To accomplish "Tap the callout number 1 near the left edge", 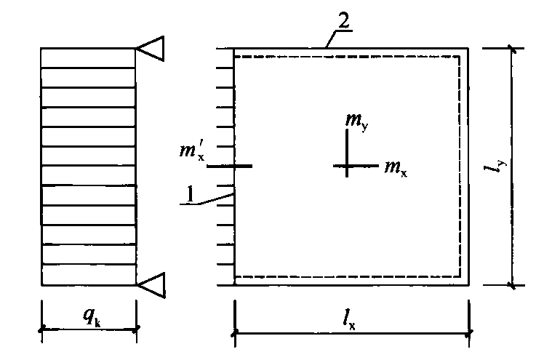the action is pyautogui.click(x=190, y=194).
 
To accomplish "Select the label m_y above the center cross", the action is pyautogui.click(x=356, y=121).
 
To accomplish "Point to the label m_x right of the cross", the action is pyautogui.click(x=396, y=167).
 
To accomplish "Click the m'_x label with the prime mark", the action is pyautogui.click(x=192, y=151).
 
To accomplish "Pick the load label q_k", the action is pyautogui.click(x=92, y=316).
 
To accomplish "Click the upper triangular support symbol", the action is pyautogui.click(x=151, y=48).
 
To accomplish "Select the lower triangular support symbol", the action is pyautogui.click(x=151, y=285).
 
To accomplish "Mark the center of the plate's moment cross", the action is pyautogui.click(x=347, y=165).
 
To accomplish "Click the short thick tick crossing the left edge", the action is pyautogui.click(x=229, y=166).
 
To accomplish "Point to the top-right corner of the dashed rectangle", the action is pyautogui.click(x=460, y=56).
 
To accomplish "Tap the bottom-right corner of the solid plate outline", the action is pyautogui.click(x=468, y=284).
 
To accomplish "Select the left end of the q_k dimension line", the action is pyautogui.click(x=42, y=329).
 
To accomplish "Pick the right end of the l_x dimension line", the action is pyautogui.click(x=469, y=332).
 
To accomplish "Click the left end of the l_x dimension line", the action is pyautogui.click(x=235, y=332).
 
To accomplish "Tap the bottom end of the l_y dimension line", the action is pyautogui.click(x=512, y=285).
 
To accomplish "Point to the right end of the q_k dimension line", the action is pyautogui.click(x=136, y=329).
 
